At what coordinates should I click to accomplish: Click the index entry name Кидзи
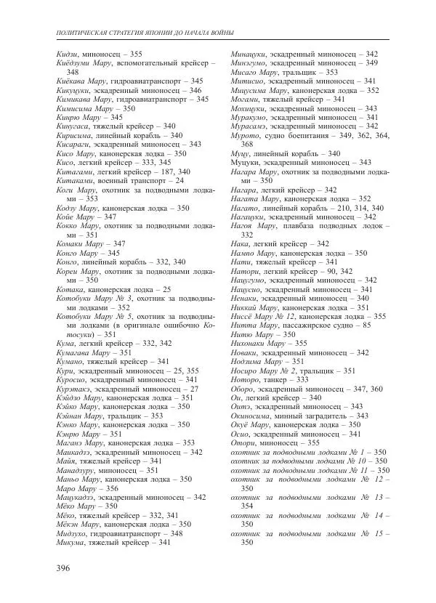(67, 54)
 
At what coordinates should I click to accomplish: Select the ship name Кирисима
(76, 135)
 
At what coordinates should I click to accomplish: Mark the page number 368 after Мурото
(246, 145)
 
